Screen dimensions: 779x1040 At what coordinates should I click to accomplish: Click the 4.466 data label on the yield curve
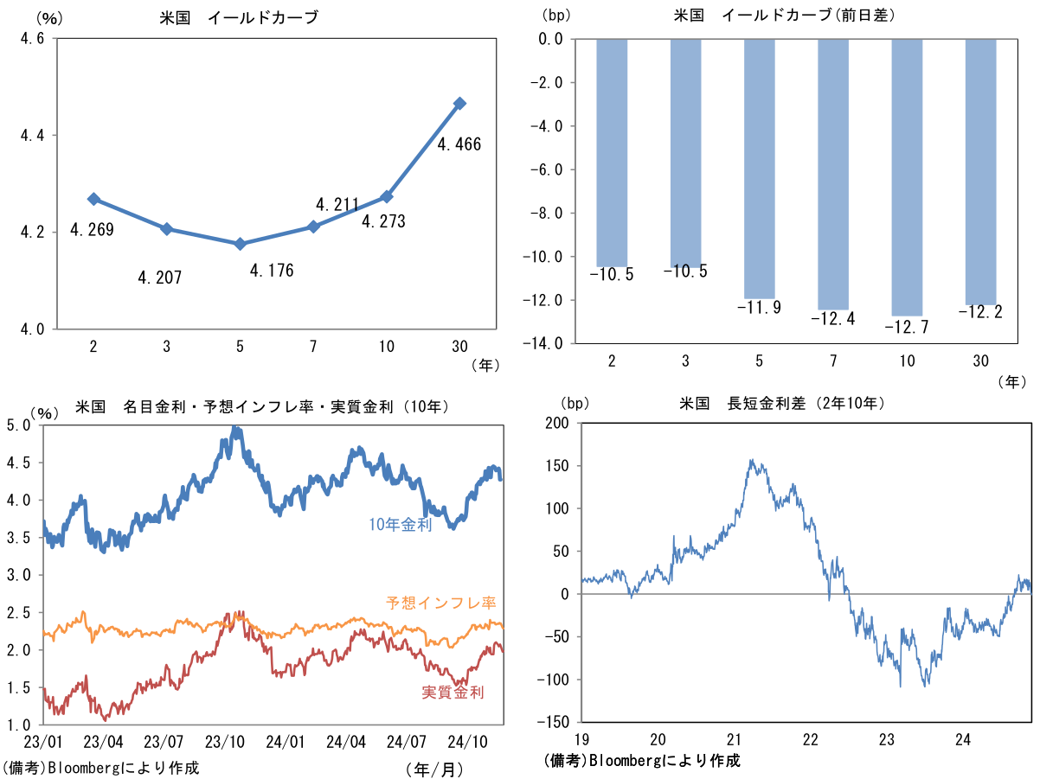[x=459, y=144]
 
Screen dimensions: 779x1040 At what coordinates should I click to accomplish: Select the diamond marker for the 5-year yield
[x=240, y=244]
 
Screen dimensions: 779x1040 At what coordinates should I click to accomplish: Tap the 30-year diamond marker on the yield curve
[x=460, y=103]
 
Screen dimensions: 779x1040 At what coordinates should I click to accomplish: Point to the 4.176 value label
[x=272, y=271]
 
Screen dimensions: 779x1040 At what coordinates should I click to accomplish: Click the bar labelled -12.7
[x=907, y=177]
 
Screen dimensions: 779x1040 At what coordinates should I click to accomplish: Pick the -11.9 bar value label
[x=759, y=307]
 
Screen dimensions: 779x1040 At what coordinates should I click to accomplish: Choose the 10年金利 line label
[x=399, y=525]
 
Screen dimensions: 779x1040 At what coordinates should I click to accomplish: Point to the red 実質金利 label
[x=453, y=692]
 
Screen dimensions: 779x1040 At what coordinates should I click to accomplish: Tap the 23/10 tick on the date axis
[x=223, y=741]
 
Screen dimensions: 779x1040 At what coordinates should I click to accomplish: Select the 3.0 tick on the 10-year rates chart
[x=20, y=575]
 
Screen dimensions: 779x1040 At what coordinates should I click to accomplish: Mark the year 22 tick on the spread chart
[x=810, y=739]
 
